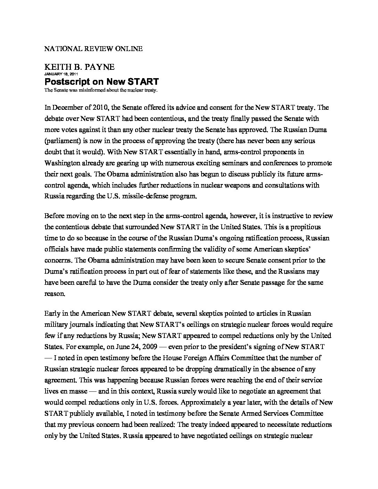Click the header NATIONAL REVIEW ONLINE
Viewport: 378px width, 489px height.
coord(93,49)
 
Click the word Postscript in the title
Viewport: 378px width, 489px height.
coord(68,82)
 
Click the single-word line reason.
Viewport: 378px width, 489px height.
coord(55,293)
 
